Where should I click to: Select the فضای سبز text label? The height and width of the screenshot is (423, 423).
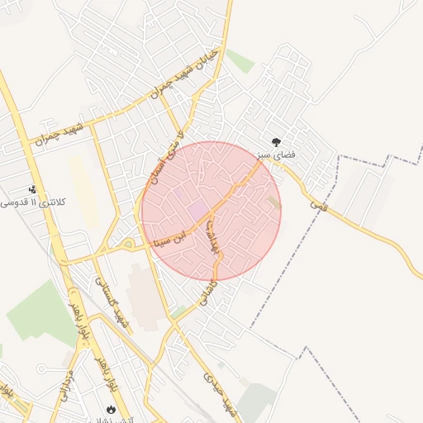tap(295, 154)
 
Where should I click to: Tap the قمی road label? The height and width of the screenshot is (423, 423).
tap(318, 202)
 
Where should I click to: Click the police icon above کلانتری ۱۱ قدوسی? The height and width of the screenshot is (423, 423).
tap(32, 189)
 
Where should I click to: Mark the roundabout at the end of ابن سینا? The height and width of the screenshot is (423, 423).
tap(128, 245)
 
